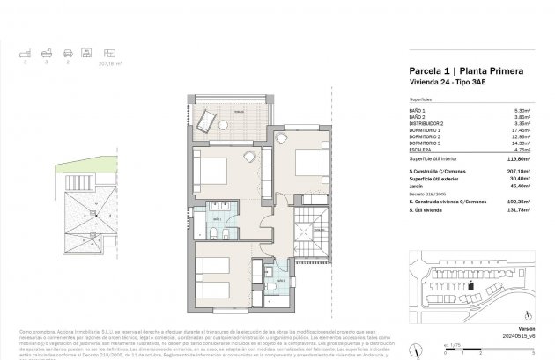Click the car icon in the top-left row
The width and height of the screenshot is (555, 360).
[66, 53]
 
